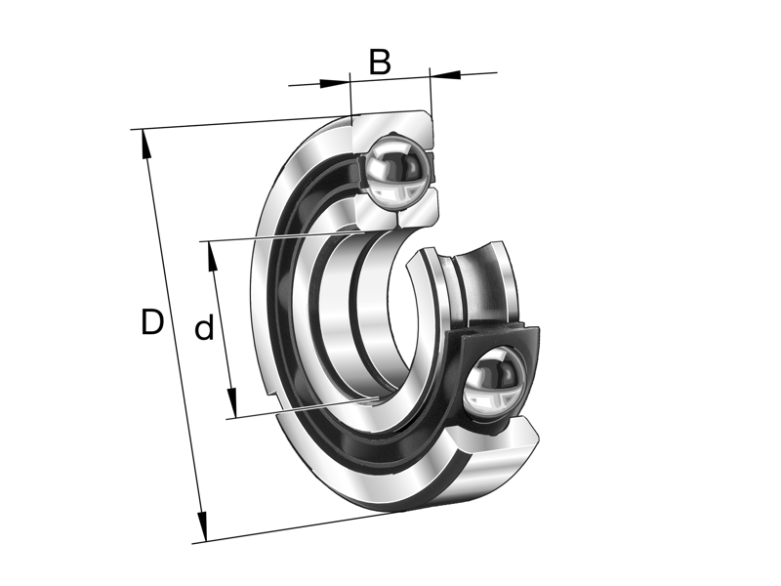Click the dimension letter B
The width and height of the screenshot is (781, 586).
point(380,62)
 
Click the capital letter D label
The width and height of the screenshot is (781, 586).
point(151,321)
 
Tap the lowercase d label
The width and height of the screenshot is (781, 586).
point(204,327)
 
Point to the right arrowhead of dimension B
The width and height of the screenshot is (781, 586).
point(445,75)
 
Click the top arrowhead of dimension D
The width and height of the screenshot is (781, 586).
point(145,144)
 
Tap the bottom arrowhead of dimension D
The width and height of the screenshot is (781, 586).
point(202,526)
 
